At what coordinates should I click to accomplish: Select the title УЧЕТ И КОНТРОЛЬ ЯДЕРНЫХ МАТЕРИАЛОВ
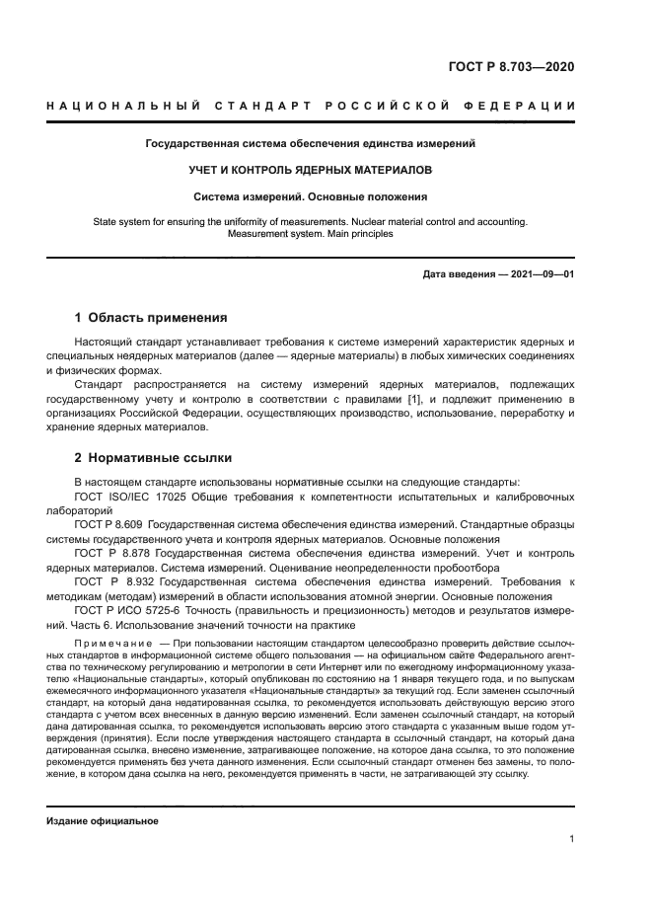click(311, 170)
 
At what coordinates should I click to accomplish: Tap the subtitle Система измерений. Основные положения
click(311, 196)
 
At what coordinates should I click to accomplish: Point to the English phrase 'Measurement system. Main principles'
click(311, 235)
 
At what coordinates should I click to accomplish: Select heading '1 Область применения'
click(151, 318)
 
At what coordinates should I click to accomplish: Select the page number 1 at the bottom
click(571, 839)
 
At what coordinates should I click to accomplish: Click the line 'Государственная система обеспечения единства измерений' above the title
click(311, 143)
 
